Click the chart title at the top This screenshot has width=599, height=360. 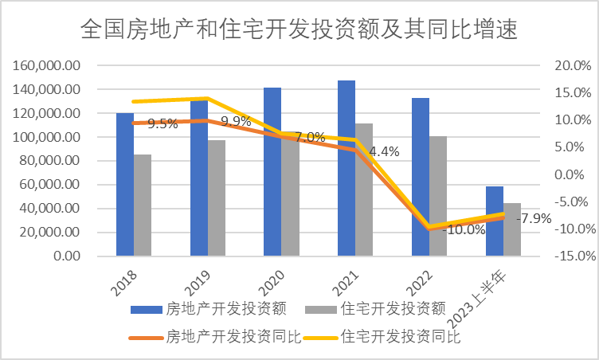click(x=299, y=30)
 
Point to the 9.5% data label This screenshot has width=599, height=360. click(x=162, y=123)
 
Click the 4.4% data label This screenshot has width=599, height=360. click(x=385, y=151)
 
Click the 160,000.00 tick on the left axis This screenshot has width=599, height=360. click(x=47, y=65)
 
